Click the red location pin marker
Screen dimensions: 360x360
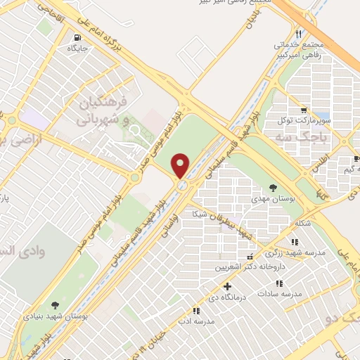point(181,165)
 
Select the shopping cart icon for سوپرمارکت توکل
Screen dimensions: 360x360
point(302,110)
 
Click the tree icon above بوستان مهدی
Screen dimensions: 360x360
point(273,187)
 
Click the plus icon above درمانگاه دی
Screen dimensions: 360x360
point(226,287)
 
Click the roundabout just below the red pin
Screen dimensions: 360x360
point(182,185)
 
